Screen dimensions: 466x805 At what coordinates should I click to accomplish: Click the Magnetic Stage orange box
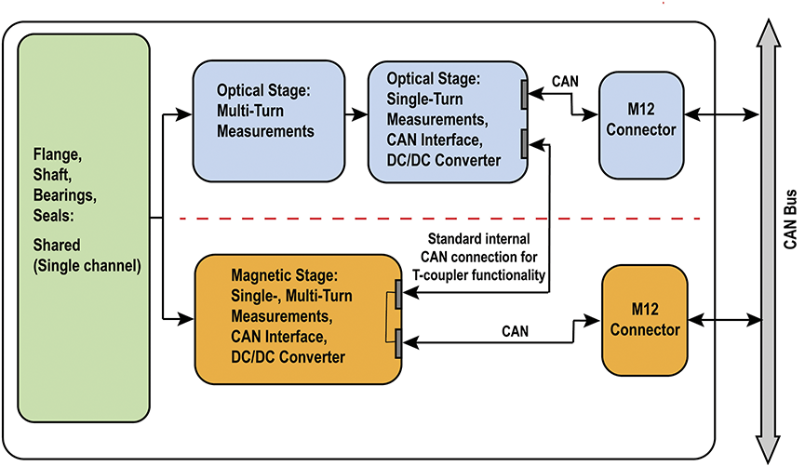tap(296, 319)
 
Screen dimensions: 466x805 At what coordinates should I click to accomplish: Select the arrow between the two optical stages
tap(356, 115)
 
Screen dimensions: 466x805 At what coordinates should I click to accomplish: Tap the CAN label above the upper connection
tap(566, 81)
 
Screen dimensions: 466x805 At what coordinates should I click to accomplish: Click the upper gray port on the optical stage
tap(525, 92)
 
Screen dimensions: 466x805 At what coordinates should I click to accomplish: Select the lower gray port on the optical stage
tap(525, 142)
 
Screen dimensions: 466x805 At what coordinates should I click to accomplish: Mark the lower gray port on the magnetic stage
tap(398, 343)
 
